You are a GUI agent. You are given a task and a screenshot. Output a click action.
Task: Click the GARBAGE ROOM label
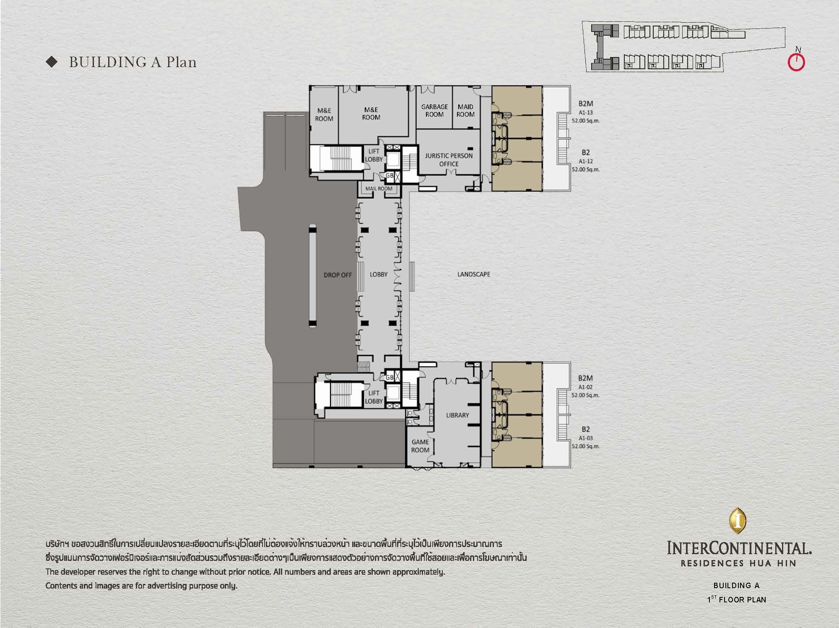coord(434,110)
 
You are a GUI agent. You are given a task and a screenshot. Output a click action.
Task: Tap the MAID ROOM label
coord(465,110)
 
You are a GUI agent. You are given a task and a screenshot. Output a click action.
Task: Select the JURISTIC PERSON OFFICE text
coord(449,159)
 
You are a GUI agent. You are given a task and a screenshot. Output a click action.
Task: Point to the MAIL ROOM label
coord(379,189)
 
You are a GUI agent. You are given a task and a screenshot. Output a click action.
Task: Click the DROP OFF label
coord(338,275)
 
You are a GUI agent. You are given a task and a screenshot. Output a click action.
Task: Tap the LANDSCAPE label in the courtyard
coord(474,274)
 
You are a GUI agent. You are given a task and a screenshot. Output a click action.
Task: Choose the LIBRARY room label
coord(457,415)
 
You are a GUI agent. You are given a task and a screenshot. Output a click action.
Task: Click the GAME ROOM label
coord(420,446)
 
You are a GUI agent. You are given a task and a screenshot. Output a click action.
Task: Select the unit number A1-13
coord(586,112)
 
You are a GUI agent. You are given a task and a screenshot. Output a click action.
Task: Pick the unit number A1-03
coord(585,438)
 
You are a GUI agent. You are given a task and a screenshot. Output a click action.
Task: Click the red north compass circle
coord(796,63)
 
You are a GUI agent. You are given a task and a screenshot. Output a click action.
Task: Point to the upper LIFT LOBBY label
coord(374,155)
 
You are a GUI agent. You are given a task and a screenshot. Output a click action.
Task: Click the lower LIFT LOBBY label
coord(374,397)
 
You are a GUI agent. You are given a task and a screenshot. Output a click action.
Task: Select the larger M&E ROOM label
coord(371,113)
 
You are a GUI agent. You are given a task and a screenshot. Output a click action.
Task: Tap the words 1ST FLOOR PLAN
coord(737,600)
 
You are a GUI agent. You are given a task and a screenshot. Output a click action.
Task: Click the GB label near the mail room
coord(390,176)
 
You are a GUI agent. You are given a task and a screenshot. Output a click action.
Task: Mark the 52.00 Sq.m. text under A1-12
coord(586,169)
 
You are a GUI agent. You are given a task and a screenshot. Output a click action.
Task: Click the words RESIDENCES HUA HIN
coord(738,563)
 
